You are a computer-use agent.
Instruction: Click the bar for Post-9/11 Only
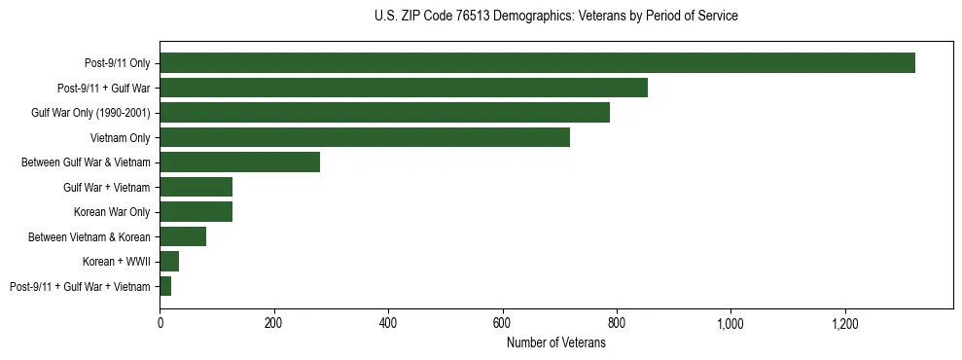[x=537, y=63]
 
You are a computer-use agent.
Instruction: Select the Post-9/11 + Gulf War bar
[x=404, y=89]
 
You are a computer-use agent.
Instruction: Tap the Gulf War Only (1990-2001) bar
[x=384, y=113]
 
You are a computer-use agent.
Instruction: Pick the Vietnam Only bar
[x=365, y=138]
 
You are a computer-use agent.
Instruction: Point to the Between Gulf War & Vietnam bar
[x=239, y=162]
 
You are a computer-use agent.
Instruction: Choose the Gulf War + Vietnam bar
[x=196, y=188]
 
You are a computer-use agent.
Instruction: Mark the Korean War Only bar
[x=196, y=212]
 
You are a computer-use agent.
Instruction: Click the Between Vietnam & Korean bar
[x=183, y=236]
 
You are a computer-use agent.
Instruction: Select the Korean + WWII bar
[x=169, y=262]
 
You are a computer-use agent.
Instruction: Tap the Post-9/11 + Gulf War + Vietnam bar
[x=165, y=286]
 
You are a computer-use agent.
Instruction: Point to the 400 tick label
[x=388, y=323]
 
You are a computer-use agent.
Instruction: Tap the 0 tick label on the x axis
[x=160, y=323]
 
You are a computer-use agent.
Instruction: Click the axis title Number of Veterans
[x=556, y=342]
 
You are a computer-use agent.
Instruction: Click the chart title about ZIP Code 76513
[x=556, y=16]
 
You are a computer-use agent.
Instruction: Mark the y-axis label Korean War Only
[x=112, y=212]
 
